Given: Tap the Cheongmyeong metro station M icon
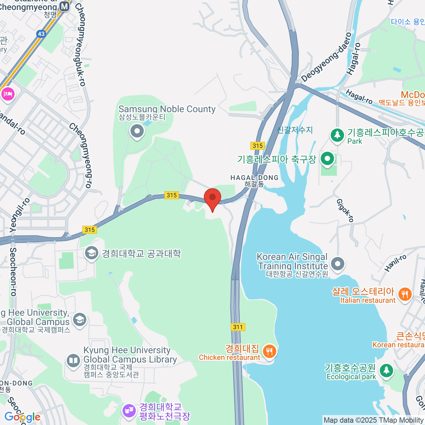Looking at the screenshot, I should [64, 6].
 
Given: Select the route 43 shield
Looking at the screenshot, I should [41, 34].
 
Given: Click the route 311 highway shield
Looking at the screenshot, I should [238, 327].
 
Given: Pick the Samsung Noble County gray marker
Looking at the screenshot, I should [137, 132].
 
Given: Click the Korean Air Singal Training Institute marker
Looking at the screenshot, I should [338, 263].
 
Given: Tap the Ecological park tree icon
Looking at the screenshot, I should [386, 370].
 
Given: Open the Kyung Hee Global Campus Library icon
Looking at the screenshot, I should [73, 361].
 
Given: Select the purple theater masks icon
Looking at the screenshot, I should [129, 411].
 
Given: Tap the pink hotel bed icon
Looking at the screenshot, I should [7, 94].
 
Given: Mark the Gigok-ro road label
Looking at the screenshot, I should [345, 210].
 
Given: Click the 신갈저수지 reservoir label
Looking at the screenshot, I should [295, 130].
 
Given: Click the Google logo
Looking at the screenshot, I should [22, 417].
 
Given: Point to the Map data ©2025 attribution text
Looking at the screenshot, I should [373, 420].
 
